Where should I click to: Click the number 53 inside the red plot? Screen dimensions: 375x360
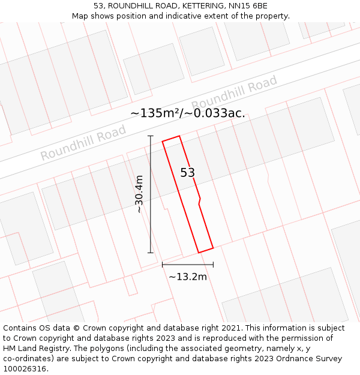pos(187,173)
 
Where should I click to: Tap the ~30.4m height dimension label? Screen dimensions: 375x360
pos(139,194)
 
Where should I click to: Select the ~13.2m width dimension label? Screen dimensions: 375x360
pos(187,277)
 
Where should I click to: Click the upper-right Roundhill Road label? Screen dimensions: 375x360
pos(235,92)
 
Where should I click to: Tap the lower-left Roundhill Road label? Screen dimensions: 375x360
pos(83,142)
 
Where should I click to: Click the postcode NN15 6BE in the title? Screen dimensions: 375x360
pos(248,6)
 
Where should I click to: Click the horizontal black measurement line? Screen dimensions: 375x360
pos(187,264)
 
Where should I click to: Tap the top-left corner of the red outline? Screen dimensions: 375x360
pos(163,142)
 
